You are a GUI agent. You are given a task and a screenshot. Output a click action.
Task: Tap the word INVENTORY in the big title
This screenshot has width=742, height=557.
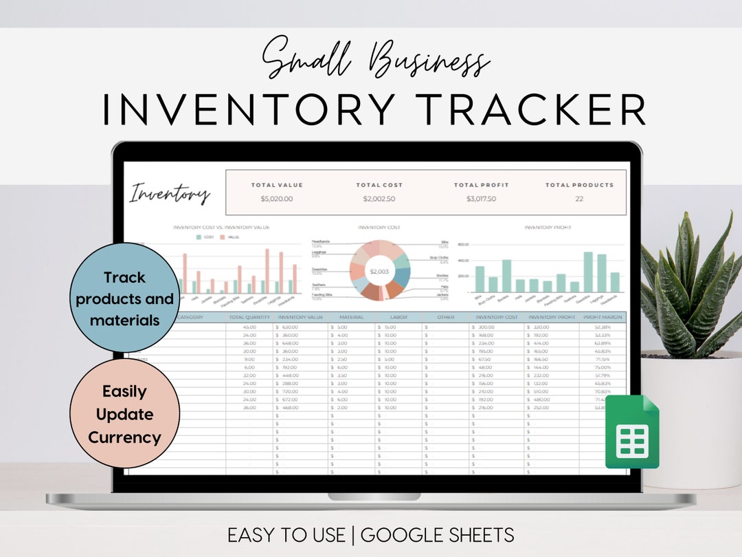tap(249, 109)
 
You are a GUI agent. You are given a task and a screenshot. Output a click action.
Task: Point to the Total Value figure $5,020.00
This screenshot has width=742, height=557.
tap(277, 199)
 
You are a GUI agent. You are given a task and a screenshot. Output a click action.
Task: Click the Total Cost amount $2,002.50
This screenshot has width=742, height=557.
tap(379, 199)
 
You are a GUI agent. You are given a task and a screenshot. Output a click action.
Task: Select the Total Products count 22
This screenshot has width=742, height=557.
tap(579, 199)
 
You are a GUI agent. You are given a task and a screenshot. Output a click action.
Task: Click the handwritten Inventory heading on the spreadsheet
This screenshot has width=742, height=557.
tap(170, 193)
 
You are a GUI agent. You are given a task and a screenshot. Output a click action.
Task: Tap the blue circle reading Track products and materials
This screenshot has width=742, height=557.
tap(125, 298)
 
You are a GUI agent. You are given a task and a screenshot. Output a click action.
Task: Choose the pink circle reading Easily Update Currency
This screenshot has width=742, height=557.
tap(125, 414)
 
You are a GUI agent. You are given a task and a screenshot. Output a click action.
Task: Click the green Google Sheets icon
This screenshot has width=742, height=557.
tap(632, 432)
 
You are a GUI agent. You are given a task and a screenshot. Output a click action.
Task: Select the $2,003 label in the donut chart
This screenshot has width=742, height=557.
tap(379, 272)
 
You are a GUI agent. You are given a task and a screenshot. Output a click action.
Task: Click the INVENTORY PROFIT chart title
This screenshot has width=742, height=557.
tap(548, 228)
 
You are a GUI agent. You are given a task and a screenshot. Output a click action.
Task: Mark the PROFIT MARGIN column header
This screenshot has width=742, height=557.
tap(603, 317)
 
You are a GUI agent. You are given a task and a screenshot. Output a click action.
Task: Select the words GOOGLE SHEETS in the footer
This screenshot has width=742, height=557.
tap(437, 534)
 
